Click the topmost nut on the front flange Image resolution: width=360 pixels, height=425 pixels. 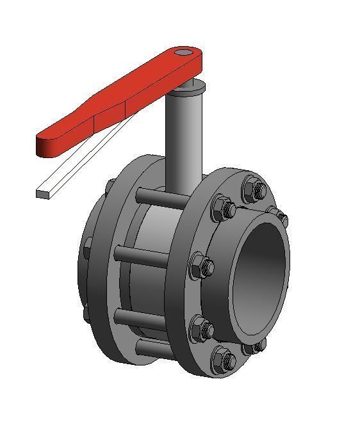tap(254, 189)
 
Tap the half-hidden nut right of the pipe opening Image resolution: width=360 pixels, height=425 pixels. tap(279, 216)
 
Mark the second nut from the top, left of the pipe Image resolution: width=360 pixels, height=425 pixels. tap(224, 208)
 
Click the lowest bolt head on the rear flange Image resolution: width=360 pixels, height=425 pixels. tap(86, 314)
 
